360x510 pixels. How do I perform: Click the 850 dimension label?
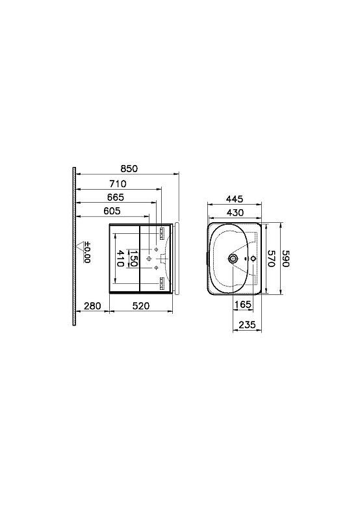pyautogui.click(x=129, y=169)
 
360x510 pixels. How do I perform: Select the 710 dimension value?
pyautogui.click(x=118, y=184)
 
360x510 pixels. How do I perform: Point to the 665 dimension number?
pyautogui.click(x=116, y=198)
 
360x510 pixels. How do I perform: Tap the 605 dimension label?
pyautogui.click(x=112, y=211)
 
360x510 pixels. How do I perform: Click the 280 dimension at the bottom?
pyautogui.click(x=92, y=306)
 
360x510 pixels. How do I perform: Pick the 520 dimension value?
pyautogui.click(x=141, y=306)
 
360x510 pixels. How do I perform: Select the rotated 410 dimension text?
pyautogui.click(x=120, y=259)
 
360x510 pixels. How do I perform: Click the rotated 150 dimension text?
pyautogui.click(x=134, y=259)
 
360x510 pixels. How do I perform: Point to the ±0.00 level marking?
pyautogui.click(x=87, y=252)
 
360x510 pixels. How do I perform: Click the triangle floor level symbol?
pyautogui.click(x=80, y=246)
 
